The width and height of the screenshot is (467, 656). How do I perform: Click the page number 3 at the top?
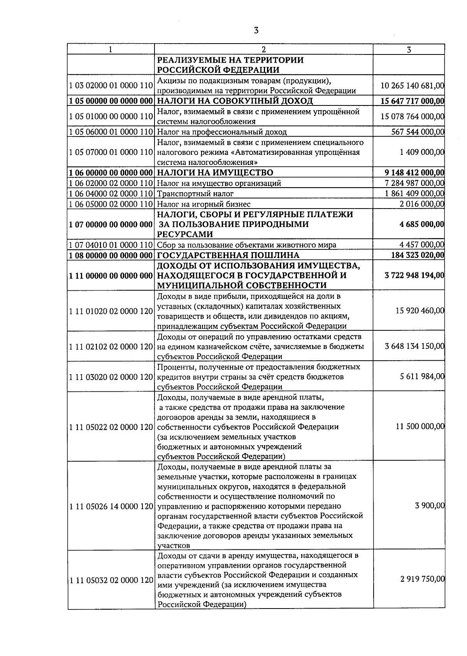[x=256, y=30]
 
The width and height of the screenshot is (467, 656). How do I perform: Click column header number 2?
[x=263, y=49]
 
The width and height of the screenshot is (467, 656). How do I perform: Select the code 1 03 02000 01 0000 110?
[x=111, y=85]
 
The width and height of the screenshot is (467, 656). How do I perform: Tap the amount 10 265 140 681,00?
[x=412, y=85]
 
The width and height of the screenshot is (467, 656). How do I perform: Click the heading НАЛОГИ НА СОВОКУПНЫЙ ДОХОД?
[x=235, y=101]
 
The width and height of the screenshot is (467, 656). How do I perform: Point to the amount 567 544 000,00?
[x=417, y=132]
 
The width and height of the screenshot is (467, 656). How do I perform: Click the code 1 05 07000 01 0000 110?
[x=111, y=152]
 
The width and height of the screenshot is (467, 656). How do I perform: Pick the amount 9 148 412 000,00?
[x=414, y=172]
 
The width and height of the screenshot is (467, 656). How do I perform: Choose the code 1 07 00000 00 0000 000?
[x=111, y=225]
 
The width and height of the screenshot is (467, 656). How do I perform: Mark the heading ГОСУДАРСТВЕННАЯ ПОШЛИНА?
[x=228, y=255]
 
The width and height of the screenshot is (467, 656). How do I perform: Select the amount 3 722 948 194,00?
[x=414, y=275]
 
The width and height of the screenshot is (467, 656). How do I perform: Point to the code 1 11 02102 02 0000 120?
[x=111, y=346]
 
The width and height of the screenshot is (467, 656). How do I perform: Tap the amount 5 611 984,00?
[x=422, y=377]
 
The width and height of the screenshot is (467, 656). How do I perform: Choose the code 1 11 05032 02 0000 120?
[x=111, y=580]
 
